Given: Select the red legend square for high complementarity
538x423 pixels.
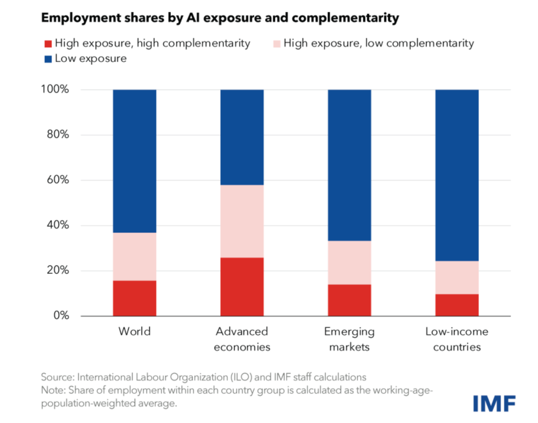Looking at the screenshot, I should [47, 43].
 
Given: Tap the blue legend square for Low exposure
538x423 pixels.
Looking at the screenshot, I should [47, 58].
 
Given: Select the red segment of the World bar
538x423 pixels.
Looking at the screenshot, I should [134, 298].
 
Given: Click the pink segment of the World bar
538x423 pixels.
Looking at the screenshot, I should [134, 256].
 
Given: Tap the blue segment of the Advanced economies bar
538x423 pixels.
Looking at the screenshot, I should [242, 137].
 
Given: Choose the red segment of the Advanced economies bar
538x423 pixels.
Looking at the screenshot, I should [242, 287].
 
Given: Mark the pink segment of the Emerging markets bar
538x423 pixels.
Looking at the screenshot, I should [349, 263].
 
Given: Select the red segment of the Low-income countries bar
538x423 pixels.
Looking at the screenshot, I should [457, 305].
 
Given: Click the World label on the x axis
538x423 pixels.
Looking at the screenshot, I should [134, 332].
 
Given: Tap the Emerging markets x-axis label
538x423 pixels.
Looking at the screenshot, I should [349, 339].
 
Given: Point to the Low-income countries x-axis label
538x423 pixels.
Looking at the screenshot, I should [457, 339].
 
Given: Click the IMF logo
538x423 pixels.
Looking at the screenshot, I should [494, 403].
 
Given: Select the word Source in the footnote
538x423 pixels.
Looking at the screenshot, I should [57, 377].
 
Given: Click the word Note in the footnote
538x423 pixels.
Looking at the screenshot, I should [53, 390].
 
